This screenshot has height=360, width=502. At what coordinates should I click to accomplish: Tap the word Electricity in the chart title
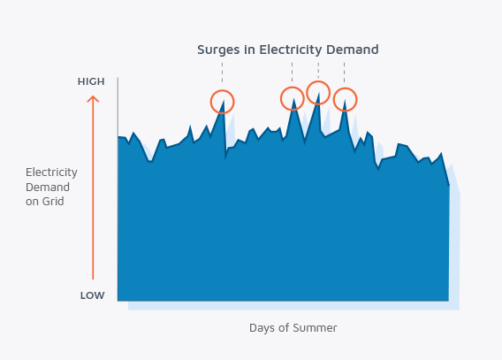[x=291, y=50]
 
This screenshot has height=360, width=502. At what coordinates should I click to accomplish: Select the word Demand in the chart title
[x=353, y=50]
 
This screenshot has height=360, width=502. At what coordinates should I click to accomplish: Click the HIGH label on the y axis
[x=91, y=81]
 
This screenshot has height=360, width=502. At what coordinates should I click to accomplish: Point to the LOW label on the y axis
[x=93, y=295]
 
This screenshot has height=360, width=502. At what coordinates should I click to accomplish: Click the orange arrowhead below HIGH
[x=93, y=99]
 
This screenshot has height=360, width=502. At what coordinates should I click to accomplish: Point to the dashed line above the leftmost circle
[x=222, y=73]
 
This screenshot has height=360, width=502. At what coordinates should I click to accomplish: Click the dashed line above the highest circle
[x=318, y=71]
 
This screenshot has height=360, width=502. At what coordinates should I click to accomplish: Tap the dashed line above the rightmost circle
[x=345, y=73]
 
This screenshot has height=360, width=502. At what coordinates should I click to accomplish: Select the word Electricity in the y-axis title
[x=51, y=172]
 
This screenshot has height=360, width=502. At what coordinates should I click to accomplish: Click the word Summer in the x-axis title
[x=315, y=328]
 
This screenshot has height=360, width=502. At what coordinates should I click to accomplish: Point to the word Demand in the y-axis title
[x=48, y=187]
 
